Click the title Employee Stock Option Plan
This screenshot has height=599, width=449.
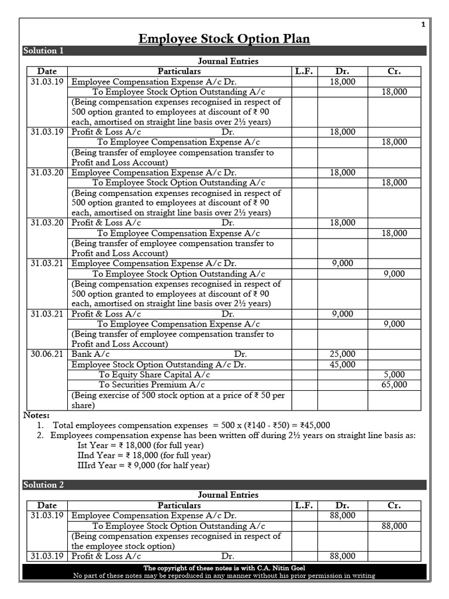click(x=224, y=39)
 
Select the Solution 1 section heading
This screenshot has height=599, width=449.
click(x=44, y=51)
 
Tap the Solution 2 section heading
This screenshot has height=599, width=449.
click(x=44, y=485)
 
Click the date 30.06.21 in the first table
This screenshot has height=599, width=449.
click(x=48, y=354)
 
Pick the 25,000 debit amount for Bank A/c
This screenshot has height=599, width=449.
click(x=342, y=354)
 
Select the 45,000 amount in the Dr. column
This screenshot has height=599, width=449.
click(x=342, y=364)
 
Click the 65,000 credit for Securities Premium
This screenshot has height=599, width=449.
click(x=394, y=385)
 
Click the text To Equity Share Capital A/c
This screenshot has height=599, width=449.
click(x=154, y=374)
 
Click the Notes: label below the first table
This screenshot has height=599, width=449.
click(x=36, y=415)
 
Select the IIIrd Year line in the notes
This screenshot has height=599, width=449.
click(x=143, y=466)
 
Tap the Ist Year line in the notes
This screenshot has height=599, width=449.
click(x=143, y=445)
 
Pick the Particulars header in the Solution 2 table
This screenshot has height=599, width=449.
click(x=179, y=505)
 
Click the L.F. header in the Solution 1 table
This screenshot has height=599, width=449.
click(x=303, y=71)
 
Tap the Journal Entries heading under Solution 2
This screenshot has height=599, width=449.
click(x=228, y=495)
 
